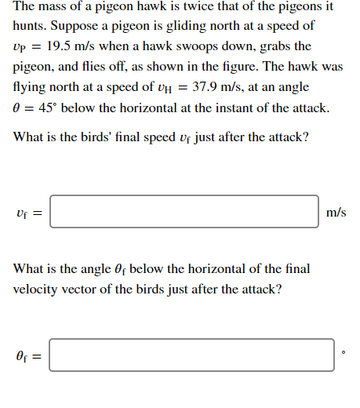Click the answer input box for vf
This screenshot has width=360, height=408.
pos(184,212)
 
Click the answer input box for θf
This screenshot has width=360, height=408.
pos(191,355)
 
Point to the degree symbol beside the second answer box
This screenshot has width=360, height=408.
pos(343,352)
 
